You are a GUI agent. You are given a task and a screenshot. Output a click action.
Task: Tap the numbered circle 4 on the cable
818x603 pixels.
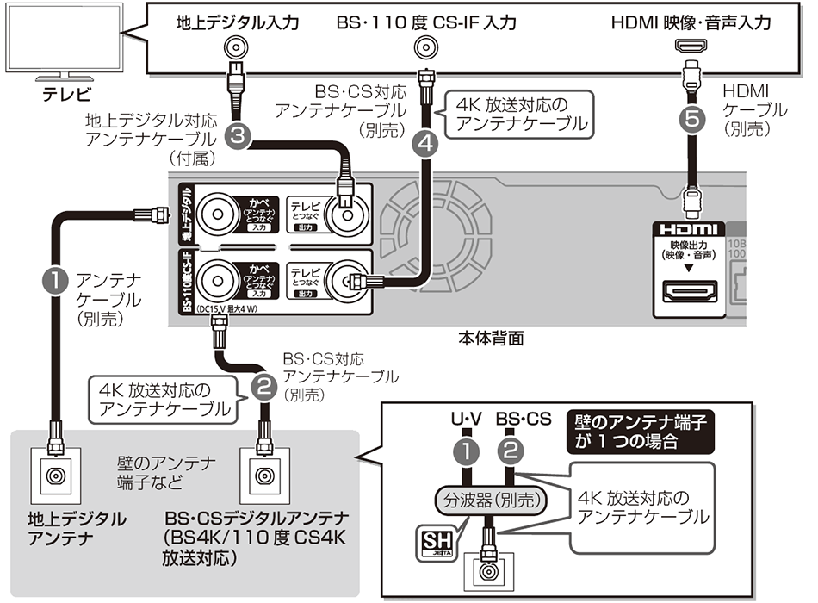(423, 145)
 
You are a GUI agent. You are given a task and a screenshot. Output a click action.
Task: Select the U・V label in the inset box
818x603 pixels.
(466, 420)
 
